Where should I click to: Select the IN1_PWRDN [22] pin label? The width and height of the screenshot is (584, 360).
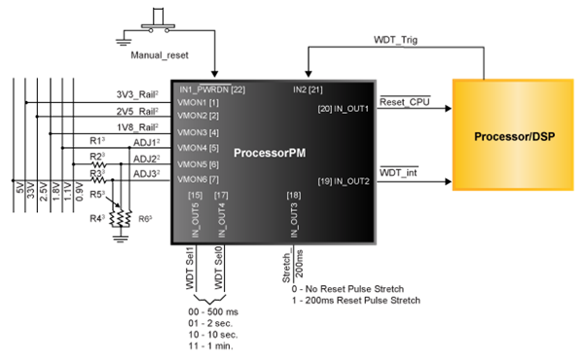[212, 90]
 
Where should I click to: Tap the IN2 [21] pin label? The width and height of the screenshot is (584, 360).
[309, 90]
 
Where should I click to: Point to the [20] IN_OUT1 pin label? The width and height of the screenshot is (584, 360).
[344, 108]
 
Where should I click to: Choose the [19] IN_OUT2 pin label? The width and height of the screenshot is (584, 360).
[344, 181]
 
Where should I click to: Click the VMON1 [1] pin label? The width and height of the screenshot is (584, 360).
[199, 102]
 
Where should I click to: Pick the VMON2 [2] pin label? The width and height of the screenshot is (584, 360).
[199, 116]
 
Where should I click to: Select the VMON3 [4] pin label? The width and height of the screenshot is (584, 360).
[199, 132]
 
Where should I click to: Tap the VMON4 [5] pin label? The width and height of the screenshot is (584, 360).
[199, 148]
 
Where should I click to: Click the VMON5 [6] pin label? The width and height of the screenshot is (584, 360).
[199, 163]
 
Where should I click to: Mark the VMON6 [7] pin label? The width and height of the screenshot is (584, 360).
[199, 179]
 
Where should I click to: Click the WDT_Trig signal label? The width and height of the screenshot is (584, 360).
[395, 40]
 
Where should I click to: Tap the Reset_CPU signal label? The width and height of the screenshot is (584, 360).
[403, 101]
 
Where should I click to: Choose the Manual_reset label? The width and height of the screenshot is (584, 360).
[158, 56]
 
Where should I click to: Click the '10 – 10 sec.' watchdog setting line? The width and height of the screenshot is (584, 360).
[211, 334]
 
